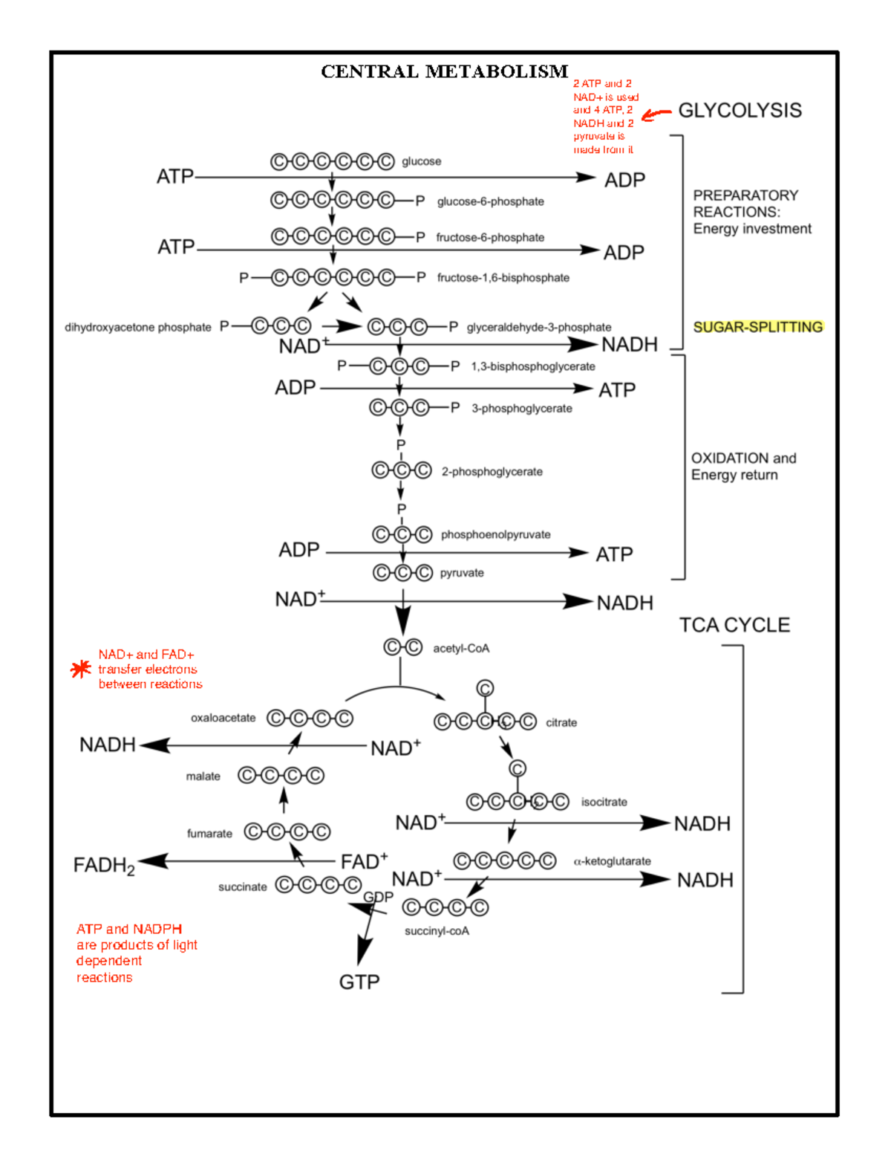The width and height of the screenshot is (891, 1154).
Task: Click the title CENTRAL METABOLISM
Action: click(x=444, y=71)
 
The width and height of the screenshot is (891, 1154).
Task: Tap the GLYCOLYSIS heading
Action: click(x=740, y=111)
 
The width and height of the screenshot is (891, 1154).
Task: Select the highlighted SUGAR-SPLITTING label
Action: click(x=757, y=327)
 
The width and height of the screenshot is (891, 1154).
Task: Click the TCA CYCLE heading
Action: click(x=734, y=625)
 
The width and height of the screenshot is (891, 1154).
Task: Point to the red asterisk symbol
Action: click(x=80, y=669)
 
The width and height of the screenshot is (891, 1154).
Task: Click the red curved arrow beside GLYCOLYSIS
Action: click(x=656, y=114)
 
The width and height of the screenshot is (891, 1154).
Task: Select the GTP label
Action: click(x=359, y=982)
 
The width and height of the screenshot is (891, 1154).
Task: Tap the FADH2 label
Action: click(x=104, y=866)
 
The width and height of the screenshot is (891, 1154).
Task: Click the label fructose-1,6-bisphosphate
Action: click(x=503, y=278)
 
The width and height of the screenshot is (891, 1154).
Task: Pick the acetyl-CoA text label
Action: click(x=461, y=649)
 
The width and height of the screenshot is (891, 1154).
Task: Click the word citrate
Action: click(x=561, y=722)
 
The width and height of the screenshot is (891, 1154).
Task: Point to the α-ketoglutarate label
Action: click(x=612, y=861)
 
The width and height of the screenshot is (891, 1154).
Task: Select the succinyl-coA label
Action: click(x=437, y=931)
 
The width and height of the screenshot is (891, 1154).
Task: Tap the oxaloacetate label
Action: click(x=223, y=718)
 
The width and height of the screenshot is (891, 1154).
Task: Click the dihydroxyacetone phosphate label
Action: click(x=138, y=327)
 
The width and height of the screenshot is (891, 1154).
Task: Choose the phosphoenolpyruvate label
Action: click(x=495, y=534)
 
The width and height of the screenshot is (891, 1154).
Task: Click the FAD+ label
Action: click(x=364, y=862)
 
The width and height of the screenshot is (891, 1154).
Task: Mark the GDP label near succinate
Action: click(x=378, y=897)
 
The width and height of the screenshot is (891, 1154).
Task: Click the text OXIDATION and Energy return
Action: click(x=742, y=467)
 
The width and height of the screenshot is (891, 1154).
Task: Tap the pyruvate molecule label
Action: click(x=461, y=573)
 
